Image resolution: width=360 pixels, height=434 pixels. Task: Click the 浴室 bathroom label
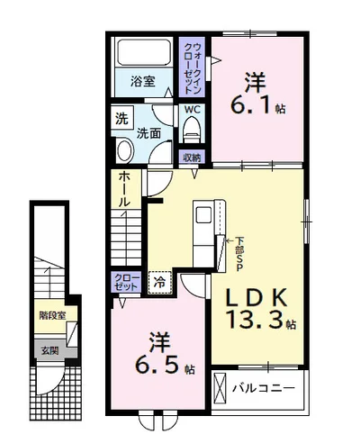coord(143,81)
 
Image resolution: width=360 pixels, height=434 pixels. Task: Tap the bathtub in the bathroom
coord(144,52)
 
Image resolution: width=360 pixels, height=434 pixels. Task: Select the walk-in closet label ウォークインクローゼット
coord(193,68)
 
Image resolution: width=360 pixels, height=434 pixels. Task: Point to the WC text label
coord(193,110)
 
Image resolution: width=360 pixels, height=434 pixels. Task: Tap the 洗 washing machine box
coord(121,119)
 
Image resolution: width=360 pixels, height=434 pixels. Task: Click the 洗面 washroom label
coord(148,133)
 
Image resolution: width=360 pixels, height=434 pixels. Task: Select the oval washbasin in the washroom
coord(124,151)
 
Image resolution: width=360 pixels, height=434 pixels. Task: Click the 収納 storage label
coord(192,158)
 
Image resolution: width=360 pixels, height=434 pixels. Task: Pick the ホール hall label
coord(124,189)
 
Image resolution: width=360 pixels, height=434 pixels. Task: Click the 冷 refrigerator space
coord(159,283)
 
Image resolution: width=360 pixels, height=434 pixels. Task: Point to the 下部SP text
coord(238,254)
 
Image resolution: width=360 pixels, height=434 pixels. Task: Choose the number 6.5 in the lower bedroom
coord(159,365)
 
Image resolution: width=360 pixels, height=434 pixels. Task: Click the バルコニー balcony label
coord(264,388)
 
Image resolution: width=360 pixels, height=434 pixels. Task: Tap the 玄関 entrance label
coord(49,350)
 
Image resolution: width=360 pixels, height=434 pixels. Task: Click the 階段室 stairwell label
coord(52,315)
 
